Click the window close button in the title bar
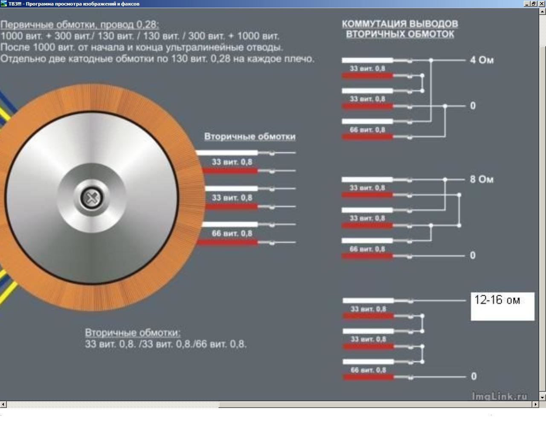[542, 3]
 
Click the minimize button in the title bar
[527, 3]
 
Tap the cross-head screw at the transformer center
[92, 198]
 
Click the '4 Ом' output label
[482, 60]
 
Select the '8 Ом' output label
[482, 179]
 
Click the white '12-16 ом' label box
[502, 306]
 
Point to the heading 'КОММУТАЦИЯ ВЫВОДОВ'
[400, 24]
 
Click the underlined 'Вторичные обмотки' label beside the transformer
[250, 137]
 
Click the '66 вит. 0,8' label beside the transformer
[232, 233]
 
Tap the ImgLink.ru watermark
[500, 396]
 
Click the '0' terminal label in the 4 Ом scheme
[473, 106]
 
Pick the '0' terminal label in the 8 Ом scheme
[473, 255]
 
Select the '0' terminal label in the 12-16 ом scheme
[473, 376]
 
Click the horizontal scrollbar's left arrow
[3, 404]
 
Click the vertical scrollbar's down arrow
[543, 397]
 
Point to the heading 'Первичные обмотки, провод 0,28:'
[80, 25]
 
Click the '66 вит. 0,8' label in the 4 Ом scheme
[367, 130]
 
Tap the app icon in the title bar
[3, 3]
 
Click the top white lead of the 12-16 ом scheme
[368, 300]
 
